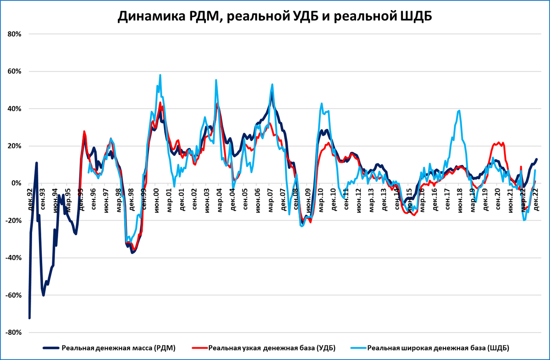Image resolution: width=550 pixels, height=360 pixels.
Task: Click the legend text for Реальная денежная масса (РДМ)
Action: [119, 348]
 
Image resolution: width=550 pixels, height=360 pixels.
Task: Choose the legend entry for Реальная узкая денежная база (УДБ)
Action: [272, 348]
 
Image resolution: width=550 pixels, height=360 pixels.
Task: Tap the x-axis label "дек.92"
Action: [29, 195]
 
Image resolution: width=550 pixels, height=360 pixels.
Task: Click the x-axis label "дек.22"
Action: [534, 195]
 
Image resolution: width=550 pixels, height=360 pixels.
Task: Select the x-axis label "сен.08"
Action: [294, 195]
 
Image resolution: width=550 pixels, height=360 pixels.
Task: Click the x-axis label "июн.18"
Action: [458, 195]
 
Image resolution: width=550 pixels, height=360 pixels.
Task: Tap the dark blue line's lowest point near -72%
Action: [29, 318]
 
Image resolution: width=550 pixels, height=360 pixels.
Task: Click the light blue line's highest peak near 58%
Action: [160, 75]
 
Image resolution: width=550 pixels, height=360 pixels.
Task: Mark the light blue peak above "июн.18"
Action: [459, 111]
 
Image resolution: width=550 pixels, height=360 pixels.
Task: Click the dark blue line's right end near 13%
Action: [536, 160]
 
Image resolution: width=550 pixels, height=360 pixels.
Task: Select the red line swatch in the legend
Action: [198, 348]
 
